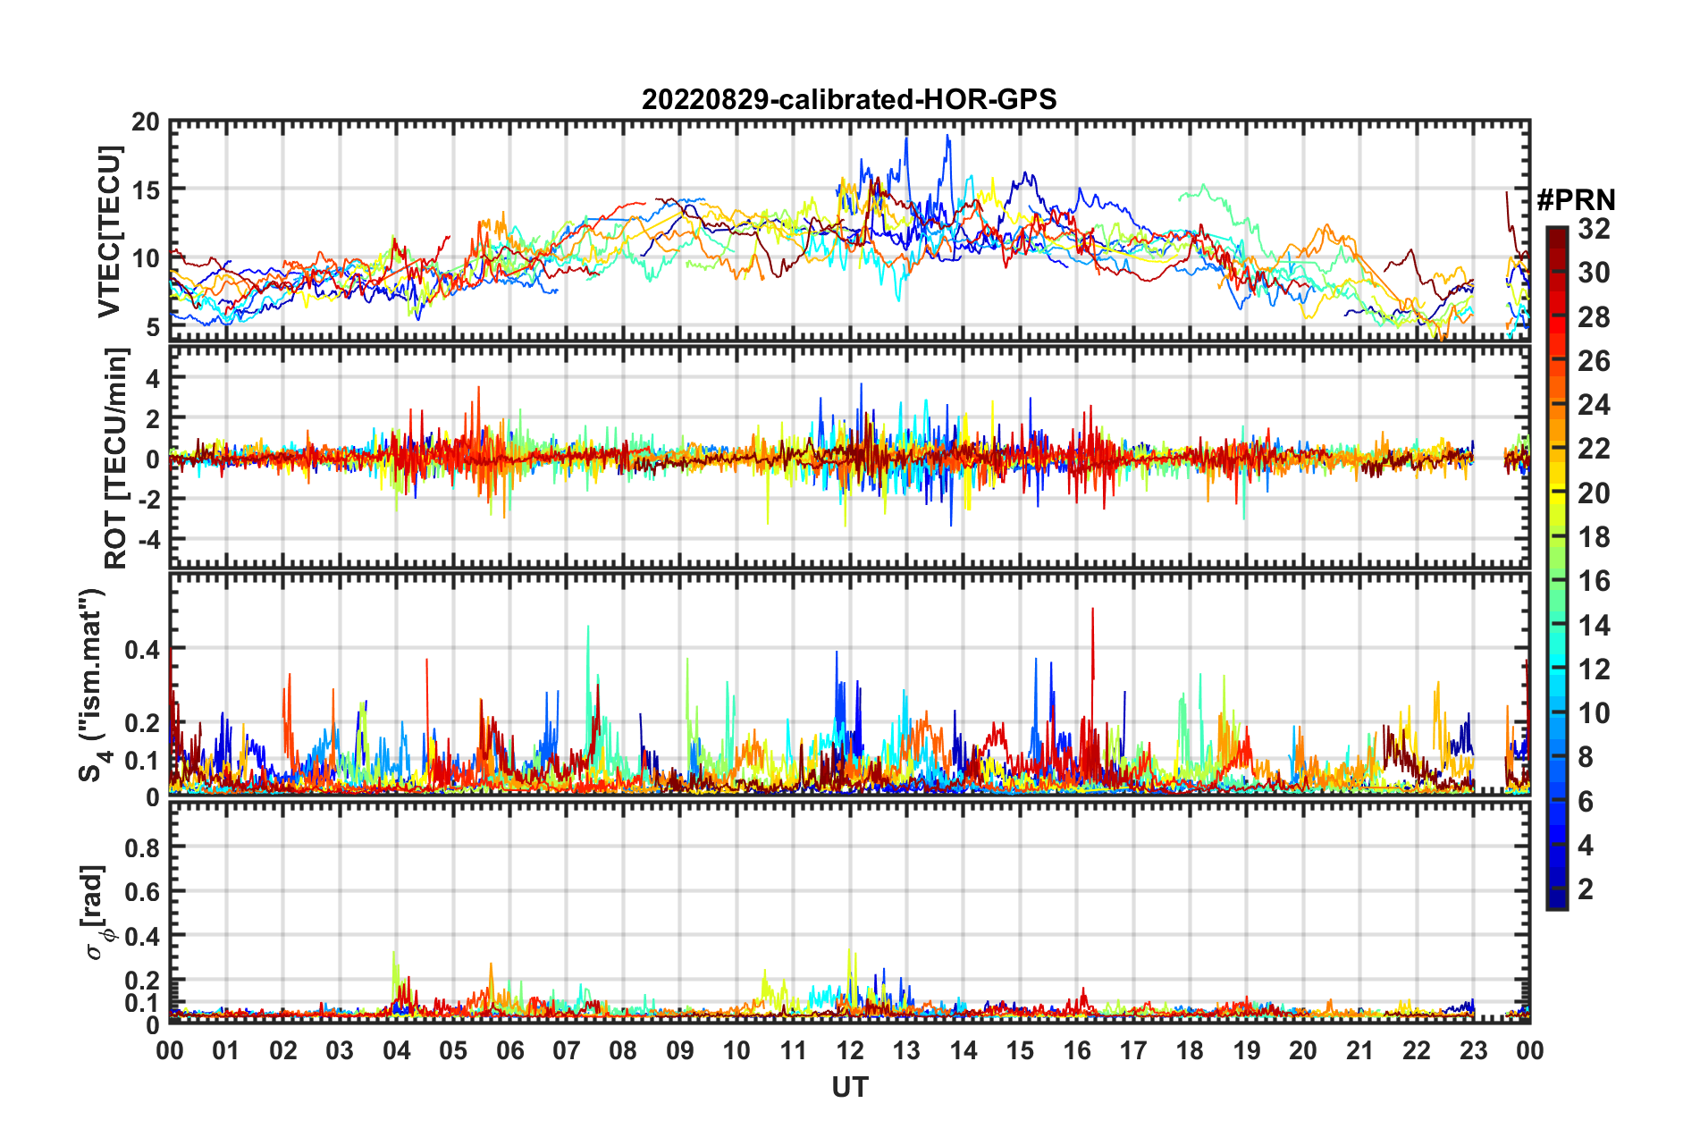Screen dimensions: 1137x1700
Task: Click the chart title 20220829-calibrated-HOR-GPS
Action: pyautogui.click(x=849, y=99)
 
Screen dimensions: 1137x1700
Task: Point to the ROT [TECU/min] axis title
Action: pyautogui.click(x=116, y=459)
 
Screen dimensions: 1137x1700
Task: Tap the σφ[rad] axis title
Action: pyautogui.click(x=97, y=912)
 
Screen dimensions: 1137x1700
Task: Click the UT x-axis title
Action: pyautogui.click(x=849, y=1087)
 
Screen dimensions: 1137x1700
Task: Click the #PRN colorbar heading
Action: pyautogui.click(x=1576, y=200)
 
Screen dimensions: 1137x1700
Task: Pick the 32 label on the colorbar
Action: pyautogui.click(x=1594, y=229)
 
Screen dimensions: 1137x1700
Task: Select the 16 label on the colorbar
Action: pyautogui.click(x=1594, y=582)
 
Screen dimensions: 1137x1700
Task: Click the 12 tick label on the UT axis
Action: pyautogui.click(x=850, y=1050)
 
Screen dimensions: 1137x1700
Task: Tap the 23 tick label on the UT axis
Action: pyautogui.click(x=1473, y=1050)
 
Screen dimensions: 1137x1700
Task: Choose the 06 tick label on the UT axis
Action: pyautogui.click(x=509, y=1050)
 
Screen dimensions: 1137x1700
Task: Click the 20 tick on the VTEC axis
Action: pyautogui.click(x=146, y=122)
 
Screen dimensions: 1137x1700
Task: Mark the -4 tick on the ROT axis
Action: pyautogui.click(x=147, y=540)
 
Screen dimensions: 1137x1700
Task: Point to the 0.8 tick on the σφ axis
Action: pyautogui.click(x=142, y=847)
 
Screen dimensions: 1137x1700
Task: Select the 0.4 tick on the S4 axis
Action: pyautogui.click(x=142, y=649)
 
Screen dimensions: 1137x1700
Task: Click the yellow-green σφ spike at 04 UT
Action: pyautogui.click(x=394, y=955)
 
